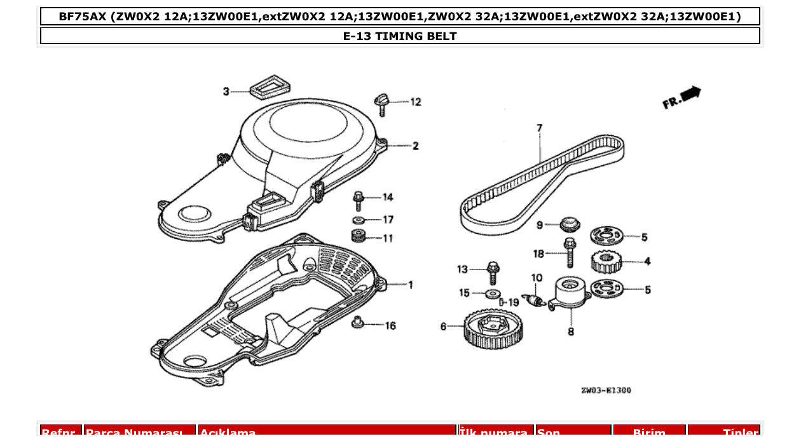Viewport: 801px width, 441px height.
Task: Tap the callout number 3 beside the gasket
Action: click(x=226, y=92)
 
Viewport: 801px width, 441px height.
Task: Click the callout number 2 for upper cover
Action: click(x=415, y=146)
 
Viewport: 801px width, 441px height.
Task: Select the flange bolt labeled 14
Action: click(x=358, y=200)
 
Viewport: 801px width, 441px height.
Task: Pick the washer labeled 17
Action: click(x=359, y=221)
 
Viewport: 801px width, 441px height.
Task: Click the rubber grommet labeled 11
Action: click(x=359, y=237)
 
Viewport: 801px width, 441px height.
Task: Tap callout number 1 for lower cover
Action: click(x=410, y=285)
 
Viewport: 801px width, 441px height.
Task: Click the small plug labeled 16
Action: click(x=358, y=323)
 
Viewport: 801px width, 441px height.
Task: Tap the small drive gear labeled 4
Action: click(x=605, y=261)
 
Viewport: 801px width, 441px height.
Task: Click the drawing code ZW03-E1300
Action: click(x=606, y=390)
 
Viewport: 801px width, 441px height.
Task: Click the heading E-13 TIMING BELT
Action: click(x=400, y=36)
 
